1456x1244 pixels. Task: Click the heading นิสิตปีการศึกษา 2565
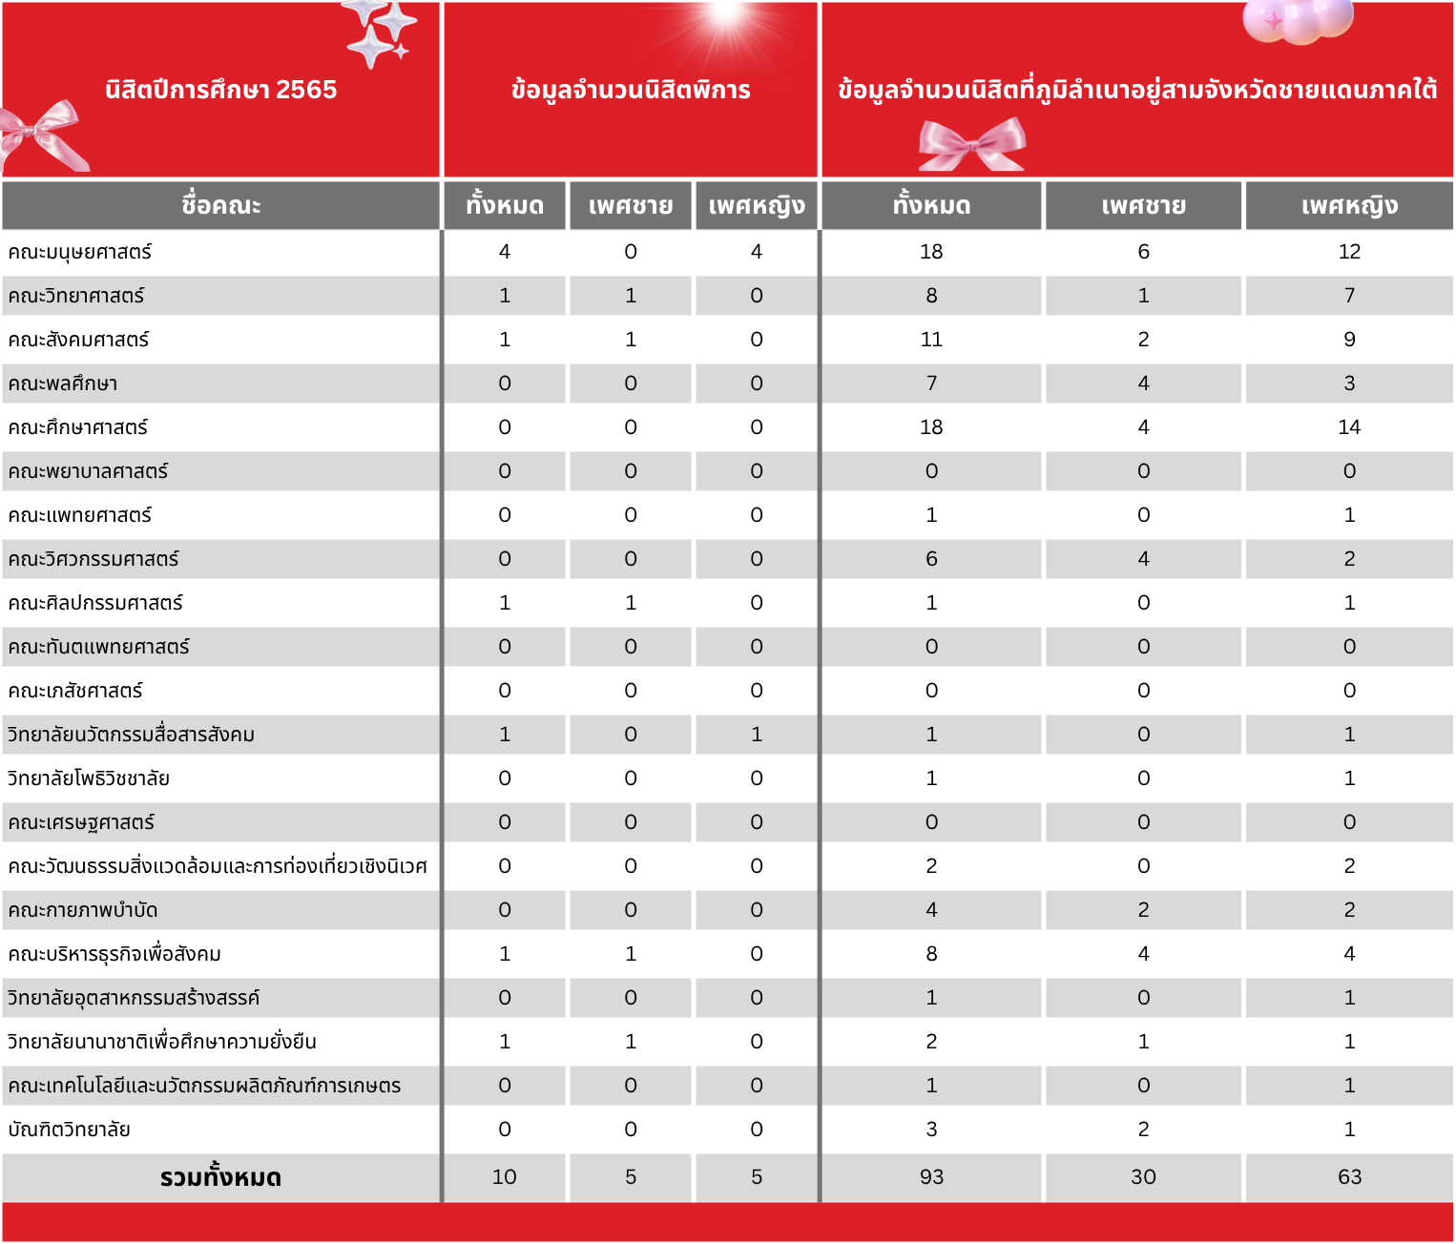click(x=220, y=90)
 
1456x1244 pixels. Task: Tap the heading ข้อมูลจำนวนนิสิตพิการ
click(x=631, y=91)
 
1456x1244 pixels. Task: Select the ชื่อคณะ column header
click(x=220, y=205)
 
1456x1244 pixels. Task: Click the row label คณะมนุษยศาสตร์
click(x=80, y=252)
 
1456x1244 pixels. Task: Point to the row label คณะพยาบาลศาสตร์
click(x=88, y=471)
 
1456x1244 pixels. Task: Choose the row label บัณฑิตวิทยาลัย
click(x=69, y=1130)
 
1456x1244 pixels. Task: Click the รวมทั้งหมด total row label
click(x=220, y=1177)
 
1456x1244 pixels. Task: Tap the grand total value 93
click(x=931, y=1177)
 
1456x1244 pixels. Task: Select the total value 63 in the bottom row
click(x=1349, y=1177)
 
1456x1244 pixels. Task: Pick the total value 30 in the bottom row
click(x=1143, y=1177)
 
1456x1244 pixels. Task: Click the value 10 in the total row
click(x=504, y=1177)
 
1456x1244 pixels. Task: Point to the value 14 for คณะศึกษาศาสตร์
click(x=1349, y=427)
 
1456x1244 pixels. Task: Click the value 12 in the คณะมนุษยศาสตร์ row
click(x=1349, y=252)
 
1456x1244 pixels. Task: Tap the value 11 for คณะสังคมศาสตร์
click(x=931, y=340)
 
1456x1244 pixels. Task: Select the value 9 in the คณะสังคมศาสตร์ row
click(x=1349, y=340)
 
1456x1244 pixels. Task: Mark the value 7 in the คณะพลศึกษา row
click(x=931, y=384)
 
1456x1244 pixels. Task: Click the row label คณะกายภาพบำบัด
click(x=83, y=910)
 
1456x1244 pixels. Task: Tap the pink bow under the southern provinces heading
click(x=971, y=146)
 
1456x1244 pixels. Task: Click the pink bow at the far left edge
click(x=43, y=135)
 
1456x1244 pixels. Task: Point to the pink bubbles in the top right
click(x=1298, y=21)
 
